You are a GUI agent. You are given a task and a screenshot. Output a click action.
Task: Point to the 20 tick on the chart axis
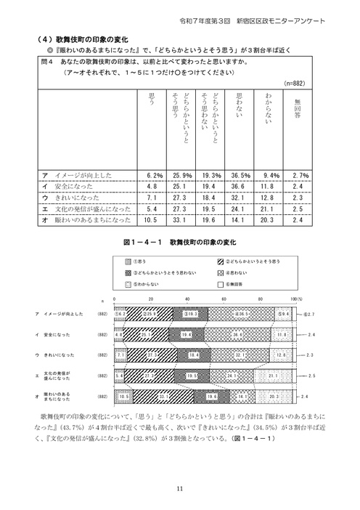pyautogui.click(x=150, y=299)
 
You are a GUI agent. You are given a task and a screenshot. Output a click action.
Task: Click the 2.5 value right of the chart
pyautogui.click(x=310, y=376)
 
